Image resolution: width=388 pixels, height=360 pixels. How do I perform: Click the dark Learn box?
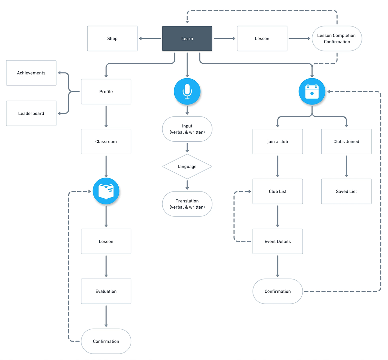pyautogui.click(x=187, y=38)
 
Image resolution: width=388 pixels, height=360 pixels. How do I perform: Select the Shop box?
pyautogui.click(x=112, y=38)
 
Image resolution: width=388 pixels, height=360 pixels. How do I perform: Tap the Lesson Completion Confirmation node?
pyautogui.click(x=337, y=38)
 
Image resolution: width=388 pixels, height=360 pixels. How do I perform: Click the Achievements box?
pyautogui.click(x=31, y=73)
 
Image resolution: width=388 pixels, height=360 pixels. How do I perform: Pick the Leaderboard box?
pyautogui.click(x=31, y=113)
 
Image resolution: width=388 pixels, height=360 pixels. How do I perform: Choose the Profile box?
pyautogui.click(x=106, y=92)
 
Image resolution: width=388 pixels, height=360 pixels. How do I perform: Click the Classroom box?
pyautogui.click(x=106, y=141)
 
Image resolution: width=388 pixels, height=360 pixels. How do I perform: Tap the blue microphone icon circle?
pyautogui.click(x=187, y=92)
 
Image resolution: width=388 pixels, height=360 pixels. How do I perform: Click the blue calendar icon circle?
pyautogui.click(x=312, y=92)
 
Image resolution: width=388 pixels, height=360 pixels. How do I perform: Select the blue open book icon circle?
pyautogui.click(x=106, y=191)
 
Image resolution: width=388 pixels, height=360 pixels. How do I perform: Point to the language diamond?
pyautogui.click(x=187, y=167)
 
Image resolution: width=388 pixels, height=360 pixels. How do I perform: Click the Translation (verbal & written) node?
pyautogui.click(x=187, y=204)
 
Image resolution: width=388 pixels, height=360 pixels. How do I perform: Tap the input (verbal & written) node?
pyautogui.click(x=187, y=129)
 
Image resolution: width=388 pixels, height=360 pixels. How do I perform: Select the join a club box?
pyautogui.click(x=277, y=141)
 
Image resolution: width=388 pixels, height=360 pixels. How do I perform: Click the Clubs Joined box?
pyautogui.click(x=346, y=141)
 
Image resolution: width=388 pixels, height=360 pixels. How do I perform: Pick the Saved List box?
pyautogui.click(x=346, y=191)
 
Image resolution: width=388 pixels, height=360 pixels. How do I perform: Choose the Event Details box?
pyautogui.click(x=277, y=241)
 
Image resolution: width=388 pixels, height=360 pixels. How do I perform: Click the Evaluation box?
pyautogui.click(x=106, y=291)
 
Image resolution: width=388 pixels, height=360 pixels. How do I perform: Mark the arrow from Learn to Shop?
pyautogui.click(x=150, y=38)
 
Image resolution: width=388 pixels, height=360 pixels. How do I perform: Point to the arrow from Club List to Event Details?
pyautogui.click(x=277, y=216)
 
